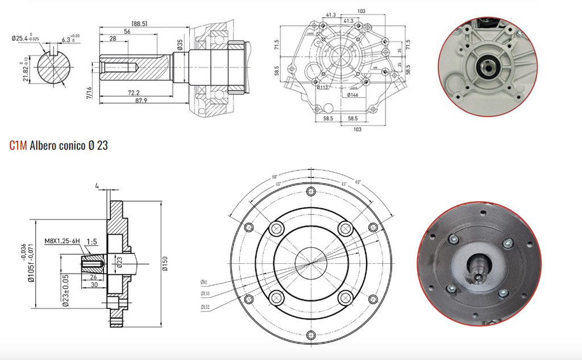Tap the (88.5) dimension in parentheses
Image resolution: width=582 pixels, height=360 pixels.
[139, 23]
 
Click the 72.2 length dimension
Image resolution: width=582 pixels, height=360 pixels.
[132, 92]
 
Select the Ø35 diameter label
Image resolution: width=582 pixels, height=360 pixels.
[180, 44]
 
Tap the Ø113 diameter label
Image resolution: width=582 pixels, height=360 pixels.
[322, 88]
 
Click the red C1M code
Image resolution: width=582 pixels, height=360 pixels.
[18, 146]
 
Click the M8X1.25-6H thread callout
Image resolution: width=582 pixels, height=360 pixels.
[62, 241]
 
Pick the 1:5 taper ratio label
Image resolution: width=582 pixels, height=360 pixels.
[92, 242]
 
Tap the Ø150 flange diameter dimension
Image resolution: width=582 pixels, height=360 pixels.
[165, 263]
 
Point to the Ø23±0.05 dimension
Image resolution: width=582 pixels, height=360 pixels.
[66, 290]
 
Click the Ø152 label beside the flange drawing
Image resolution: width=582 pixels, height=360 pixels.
[205, 307]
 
